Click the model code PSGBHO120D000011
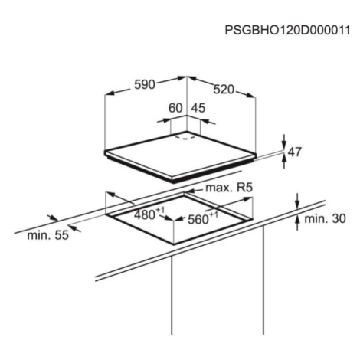click(x=287, y=30)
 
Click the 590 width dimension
click(x=145, y=84)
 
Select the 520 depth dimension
click(x=224, y=90)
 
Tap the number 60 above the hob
click(x=175, y=108)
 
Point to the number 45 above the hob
click(x=198, y=108)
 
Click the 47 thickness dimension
click(x=295, y=152)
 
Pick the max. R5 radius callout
click(x=229, y=188)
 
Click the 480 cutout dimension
click(x=145, y=215)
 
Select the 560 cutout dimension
click(x=198, y=219)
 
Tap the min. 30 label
click(x=325, y=218)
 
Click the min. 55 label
click(x=48, y=235)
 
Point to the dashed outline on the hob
click(x=185, y=138)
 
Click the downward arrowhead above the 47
click(x=284, y=145)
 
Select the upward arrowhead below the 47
click(x=284, y=159)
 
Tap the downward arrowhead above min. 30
click(x=297, y=205)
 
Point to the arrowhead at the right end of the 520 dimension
click(x=251, y=95)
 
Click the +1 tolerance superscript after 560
click(x=214, y=214)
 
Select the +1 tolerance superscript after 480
click(x=160, y=210)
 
